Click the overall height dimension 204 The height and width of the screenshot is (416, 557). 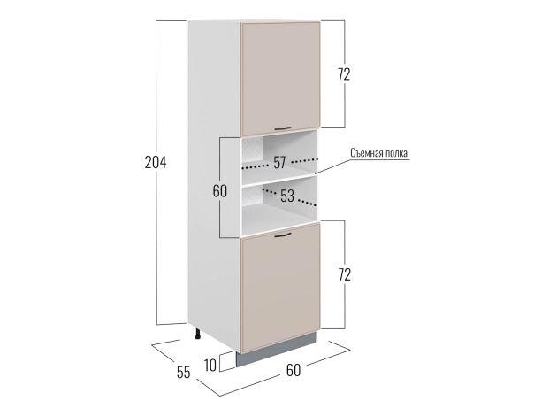click(156, 162)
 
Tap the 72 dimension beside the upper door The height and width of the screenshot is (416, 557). click(344, 74)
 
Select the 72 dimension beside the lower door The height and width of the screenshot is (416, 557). click(344, 274)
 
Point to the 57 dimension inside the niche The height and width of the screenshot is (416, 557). click(279, 162)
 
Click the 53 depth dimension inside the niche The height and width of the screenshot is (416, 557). click(287, 196)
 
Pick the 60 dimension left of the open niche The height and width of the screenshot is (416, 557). click(220, 191)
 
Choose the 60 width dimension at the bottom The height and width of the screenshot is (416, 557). click(294, 370)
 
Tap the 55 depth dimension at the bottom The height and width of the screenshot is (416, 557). click(184, 372)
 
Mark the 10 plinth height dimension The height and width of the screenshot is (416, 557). click(210, 366)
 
